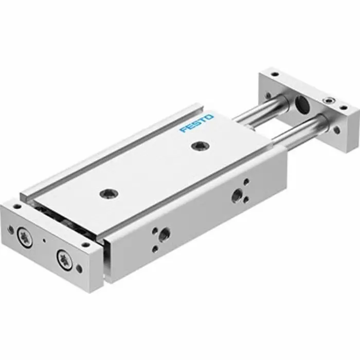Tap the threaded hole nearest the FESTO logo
click(x=197, y=147)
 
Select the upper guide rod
click(x=260, y=111)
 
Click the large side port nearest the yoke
click(x=237, y=194)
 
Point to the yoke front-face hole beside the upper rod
click(x=268, y=96)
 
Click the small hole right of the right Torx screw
click(x=78, y=267)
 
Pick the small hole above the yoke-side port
click(x=246, y=181)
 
